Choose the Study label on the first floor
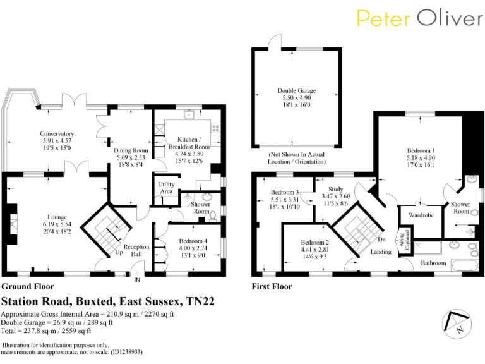point(336,189)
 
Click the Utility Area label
point(166,188)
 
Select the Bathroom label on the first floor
point(434,263)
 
